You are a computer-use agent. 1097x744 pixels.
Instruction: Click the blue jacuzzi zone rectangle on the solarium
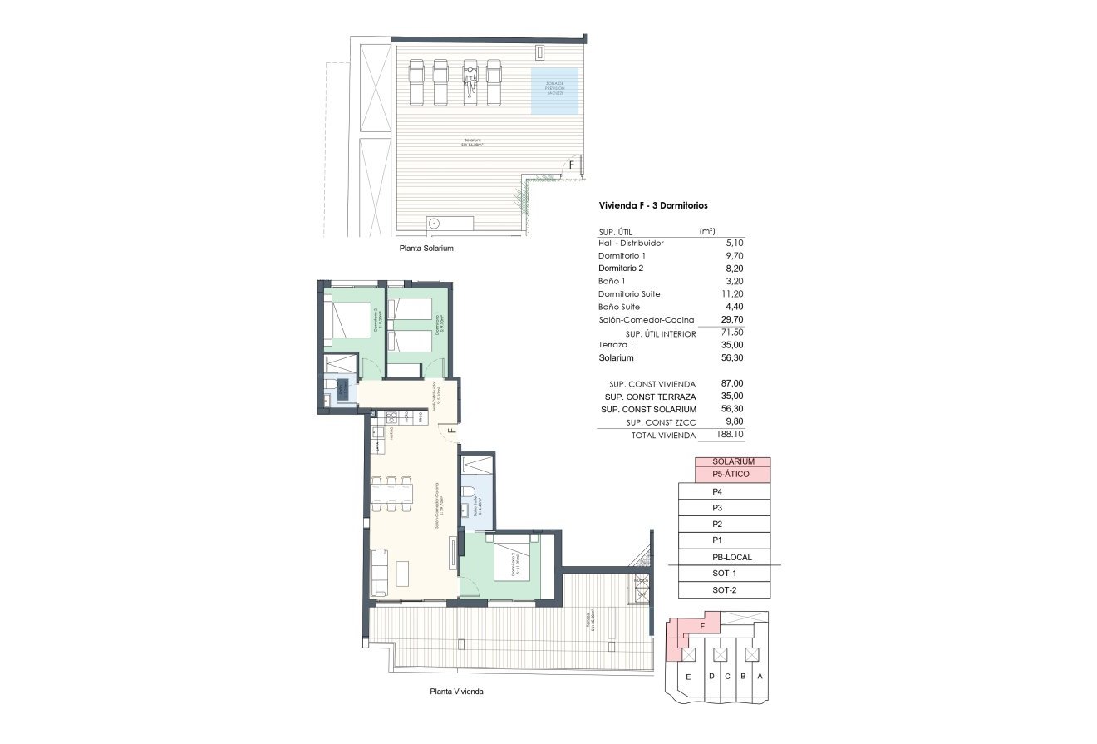tap(554, 91)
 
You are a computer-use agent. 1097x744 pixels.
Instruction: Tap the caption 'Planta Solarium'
tap(426, 249)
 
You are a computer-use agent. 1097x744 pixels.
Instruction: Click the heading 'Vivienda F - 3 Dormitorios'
tap(653, 205)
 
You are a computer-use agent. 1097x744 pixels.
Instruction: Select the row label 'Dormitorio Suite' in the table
tap(629, 294)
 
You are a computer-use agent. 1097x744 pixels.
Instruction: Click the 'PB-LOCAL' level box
tap(731, 558)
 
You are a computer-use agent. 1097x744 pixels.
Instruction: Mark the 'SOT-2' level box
tap(725, 591)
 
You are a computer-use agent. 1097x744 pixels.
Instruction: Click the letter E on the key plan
tap(688, 677)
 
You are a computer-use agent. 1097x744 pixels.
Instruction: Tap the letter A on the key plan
tap(760, 677)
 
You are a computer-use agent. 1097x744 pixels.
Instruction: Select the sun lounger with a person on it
tap(470, 81)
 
